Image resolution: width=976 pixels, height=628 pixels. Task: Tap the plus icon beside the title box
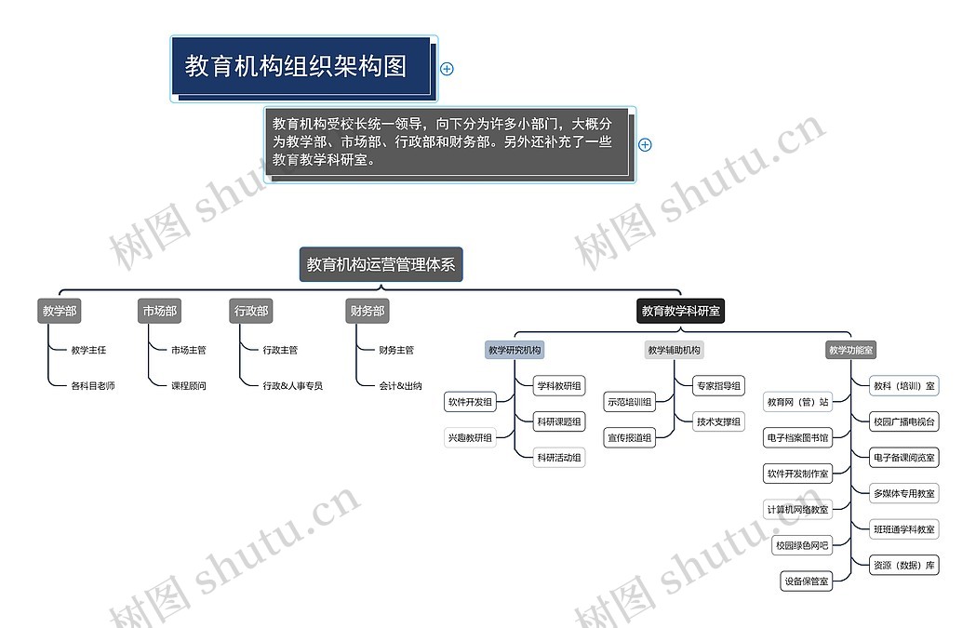pyautogui.click(x=447, y=69)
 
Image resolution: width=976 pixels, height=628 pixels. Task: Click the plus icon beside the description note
pyautogui.click(x=646, y=144)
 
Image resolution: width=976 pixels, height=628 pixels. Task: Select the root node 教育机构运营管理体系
pyautogui.click(x=381, y=264)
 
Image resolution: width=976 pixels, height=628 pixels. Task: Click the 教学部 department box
pyautogui.click(x=60, y=312)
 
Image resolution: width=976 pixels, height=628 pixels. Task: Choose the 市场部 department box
pyautogui.click(x=159, y=312)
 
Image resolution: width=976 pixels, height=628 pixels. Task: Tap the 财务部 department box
pyautogui.click(x=367, y=312)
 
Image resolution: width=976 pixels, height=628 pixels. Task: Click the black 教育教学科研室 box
pyautogui.click(x=680, y=312)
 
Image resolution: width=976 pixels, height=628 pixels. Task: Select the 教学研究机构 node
pyautogui.click(x=515, y=350)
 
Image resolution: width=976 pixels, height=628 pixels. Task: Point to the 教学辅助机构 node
pyautogui.click(x=674, y=350)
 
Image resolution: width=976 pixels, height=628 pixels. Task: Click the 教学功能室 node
pyautogui.click(x=851, y=350)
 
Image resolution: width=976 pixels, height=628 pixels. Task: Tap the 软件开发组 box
pyautogui.click(x=470, y=402)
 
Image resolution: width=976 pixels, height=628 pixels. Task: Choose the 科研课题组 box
pyautogui.click(x=559, y=421)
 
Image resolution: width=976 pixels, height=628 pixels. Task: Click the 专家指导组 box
pyautogui.click(x=718, y=385)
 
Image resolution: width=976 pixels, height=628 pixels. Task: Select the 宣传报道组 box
pyautogui.click(x=630, y=437)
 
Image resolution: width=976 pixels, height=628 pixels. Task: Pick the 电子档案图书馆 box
pyautogui.click(x=797, y=437)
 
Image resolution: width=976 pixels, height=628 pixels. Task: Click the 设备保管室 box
pyautogui.click(x=806, y=581)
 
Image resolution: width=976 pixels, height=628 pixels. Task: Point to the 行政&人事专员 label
pyautogui.click(x=292, y=385)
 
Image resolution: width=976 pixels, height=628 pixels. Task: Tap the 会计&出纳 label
pyautogui.click(x=400, y=385)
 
